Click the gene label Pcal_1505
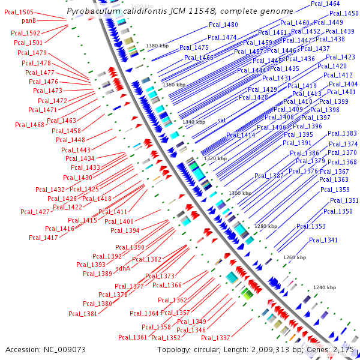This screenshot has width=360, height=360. tap(19, 12)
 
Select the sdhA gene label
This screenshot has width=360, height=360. tap(123, 268)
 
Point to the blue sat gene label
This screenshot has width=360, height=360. tap(221, 121)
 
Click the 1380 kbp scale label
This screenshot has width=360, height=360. tap(157, 46)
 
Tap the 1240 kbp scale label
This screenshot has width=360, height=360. tap(324, 287)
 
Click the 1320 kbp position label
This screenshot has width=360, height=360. tap(215, 158)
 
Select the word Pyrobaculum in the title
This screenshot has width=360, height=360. tap(89, 11)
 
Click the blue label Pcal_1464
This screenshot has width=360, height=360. tap(326, 4)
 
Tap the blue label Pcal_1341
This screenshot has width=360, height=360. tap(323, 240)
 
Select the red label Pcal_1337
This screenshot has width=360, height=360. tap(215, 338)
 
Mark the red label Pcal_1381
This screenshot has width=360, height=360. tap(83, 313)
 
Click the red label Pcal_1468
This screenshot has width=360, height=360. tap(29, 125)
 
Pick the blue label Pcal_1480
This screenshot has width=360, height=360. tap(223, 25)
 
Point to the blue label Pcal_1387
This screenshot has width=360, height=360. tap(269, 176)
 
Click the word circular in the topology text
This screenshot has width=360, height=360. tap(214, 349)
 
